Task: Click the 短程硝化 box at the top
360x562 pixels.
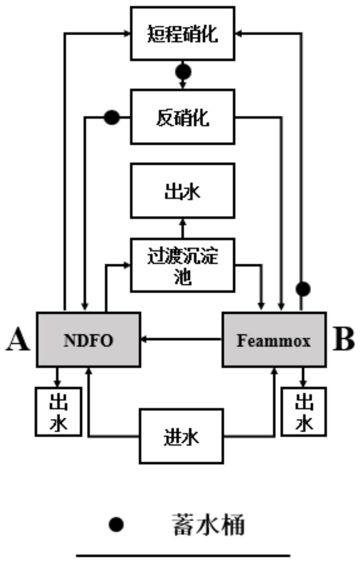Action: coord(182,34)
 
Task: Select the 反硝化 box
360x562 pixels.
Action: coord(182,117)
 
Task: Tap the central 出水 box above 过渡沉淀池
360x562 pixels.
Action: coord(182,191)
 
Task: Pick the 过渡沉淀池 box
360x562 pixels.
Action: coord(182,265)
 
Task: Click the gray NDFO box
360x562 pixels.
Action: coord(89,340)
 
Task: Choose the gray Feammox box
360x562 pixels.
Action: coord(274,340)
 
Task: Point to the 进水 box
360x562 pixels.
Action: coord(181,436)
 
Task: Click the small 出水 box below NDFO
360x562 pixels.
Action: coord(59,411)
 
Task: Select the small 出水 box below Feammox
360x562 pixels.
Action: coord(303,411)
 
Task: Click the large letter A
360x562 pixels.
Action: coord(18,340)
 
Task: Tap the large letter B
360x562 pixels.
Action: coord(344,340)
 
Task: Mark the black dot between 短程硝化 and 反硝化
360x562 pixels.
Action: coord(183,72)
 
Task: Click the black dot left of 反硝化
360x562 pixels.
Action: coord(111,117)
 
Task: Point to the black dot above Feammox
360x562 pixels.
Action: coord(303,288)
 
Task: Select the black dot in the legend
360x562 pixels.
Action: coord(116,524)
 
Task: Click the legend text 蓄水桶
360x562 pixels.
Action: coord(208,525)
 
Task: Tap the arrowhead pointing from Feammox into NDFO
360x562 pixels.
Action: coord(144,340)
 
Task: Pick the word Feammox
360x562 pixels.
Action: coord(274,341)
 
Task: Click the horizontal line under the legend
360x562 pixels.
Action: coord(183,556)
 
